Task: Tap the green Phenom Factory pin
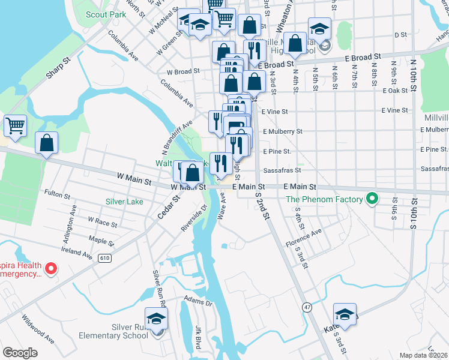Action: [372, 199]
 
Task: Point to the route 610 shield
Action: [106, 258]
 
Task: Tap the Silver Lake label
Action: [124, 202]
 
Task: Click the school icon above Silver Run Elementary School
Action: [156, 317]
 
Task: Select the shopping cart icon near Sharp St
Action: [15, 125]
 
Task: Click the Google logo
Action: [20, 353]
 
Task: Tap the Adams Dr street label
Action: [199, 303]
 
